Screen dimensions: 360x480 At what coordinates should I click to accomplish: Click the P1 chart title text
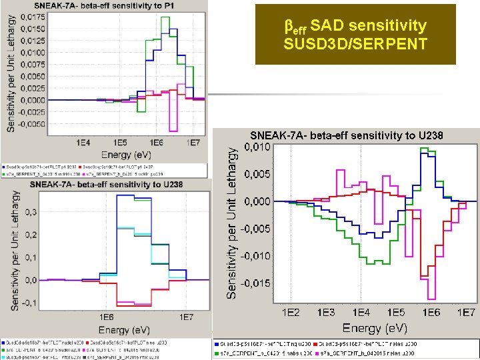pos(107,7)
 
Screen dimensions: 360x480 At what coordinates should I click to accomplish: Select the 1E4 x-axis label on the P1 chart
pos(83,143)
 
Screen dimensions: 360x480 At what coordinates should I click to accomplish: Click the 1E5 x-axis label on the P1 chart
pos(120,143)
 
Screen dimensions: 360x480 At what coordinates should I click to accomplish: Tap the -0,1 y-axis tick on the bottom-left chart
pos(31,303)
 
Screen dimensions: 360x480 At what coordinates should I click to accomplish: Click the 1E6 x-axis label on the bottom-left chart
pos(107,316)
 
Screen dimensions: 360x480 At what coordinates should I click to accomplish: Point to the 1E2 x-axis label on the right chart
pos(290,312)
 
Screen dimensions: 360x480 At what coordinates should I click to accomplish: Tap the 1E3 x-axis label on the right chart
pos(325,312)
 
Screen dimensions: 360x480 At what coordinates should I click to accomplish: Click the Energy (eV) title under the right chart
pos(375,327)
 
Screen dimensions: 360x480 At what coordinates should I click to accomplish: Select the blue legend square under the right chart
pos(218,343)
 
